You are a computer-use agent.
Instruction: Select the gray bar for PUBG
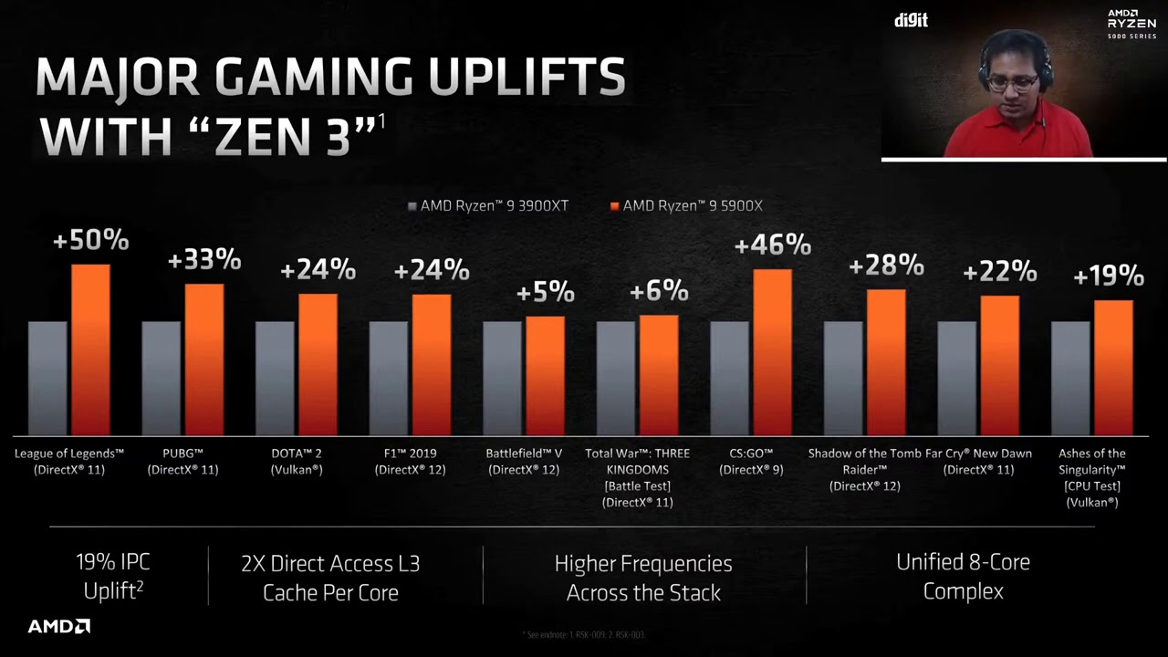tap(161, 378)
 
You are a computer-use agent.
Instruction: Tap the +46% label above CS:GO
tap(772, 245)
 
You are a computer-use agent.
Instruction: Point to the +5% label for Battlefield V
tap(545, 293)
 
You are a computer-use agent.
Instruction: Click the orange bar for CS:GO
tap(772, 352)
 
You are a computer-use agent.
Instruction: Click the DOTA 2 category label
tap(297, 461)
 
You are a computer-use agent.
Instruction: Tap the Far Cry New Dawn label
tap(978, 461)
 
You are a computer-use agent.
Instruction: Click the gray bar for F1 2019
tap(388, 378)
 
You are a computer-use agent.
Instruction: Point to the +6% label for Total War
tap(659, 291)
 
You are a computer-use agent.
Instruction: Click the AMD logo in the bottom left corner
tap(58, 627)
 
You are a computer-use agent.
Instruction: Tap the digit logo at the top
tap(910, 20)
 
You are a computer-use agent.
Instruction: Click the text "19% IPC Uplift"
tap(113, 577)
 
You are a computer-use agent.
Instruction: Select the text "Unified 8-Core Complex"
tap(963, 577)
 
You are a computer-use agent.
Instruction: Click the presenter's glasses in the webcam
tap(1013, 82)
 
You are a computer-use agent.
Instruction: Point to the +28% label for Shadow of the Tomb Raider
tap(886, 266)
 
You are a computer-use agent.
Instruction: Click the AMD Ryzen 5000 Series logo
tap(1131, 24)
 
